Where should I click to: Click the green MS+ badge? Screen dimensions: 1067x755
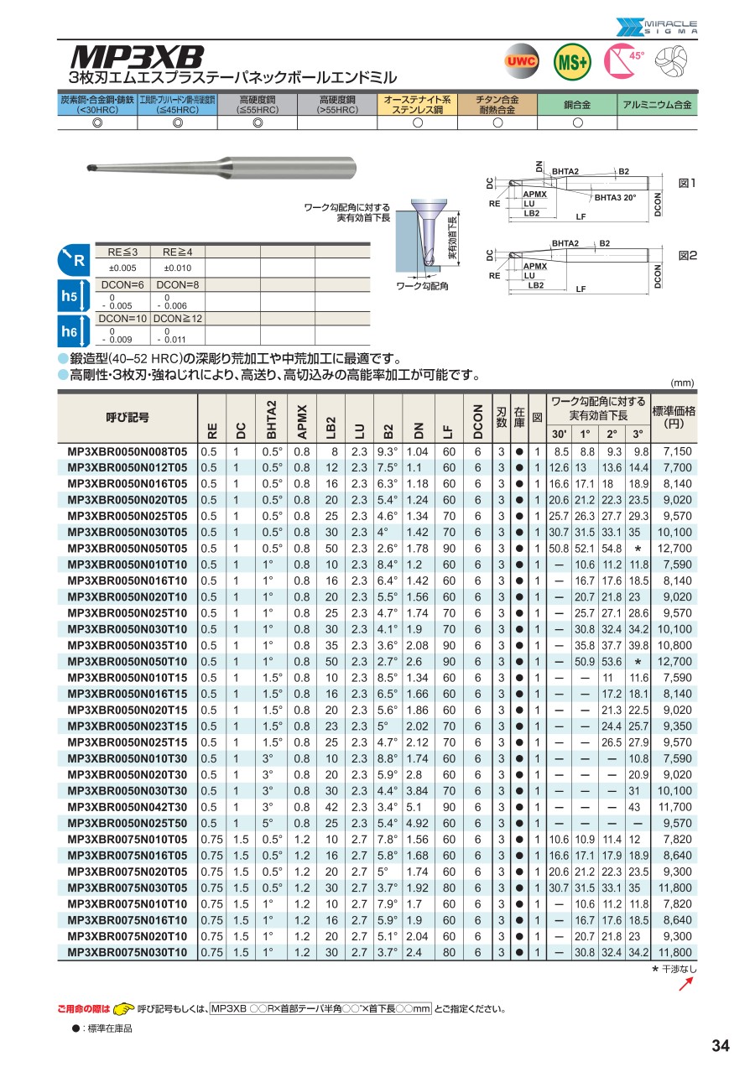pos(572,60)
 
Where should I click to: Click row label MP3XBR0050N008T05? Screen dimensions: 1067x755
pos(127,451)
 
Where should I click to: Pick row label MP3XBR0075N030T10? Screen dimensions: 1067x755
pos(127,952)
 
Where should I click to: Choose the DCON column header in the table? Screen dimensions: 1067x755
pos(477,419)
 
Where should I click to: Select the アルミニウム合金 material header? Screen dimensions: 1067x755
pos(658,105)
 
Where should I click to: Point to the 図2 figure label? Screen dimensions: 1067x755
pos(688,253)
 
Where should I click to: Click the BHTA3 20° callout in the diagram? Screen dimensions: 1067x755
pos(615,198)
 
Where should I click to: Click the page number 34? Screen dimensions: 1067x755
pos(720,1045)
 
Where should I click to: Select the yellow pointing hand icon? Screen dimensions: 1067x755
pos(123,1008)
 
